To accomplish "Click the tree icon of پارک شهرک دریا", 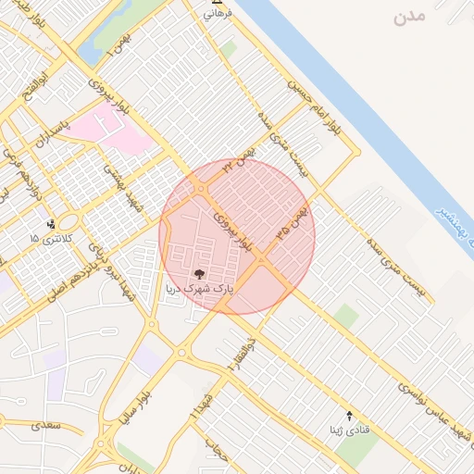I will [x=199, y=273].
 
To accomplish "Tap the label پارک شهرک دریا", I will [x=199, y=289].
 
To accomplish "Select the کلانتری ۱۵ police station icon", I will [x=51, y=223].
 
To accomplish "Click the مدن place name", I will [x=408, y=18].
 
